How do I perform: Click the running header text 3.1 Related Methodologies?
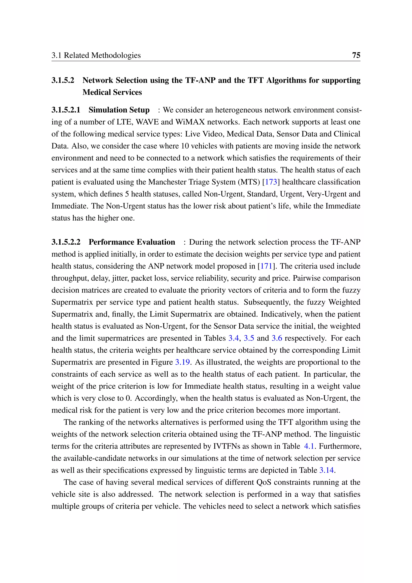96,55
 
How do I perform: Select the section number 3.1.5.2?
63,80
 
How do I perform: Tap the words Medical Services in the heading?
112,92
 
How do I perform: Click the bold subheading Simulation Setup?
119,110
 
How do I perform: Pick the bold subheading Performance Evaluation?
132,242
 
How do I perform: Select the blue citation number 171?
266,266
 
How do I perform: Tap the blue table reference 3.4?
233,338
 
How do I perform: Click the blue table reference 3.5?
249,338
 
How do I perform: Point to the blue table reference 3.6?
277,338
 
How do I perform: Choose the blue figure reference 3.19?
182,362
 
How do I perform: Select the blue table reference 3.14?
327,470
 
